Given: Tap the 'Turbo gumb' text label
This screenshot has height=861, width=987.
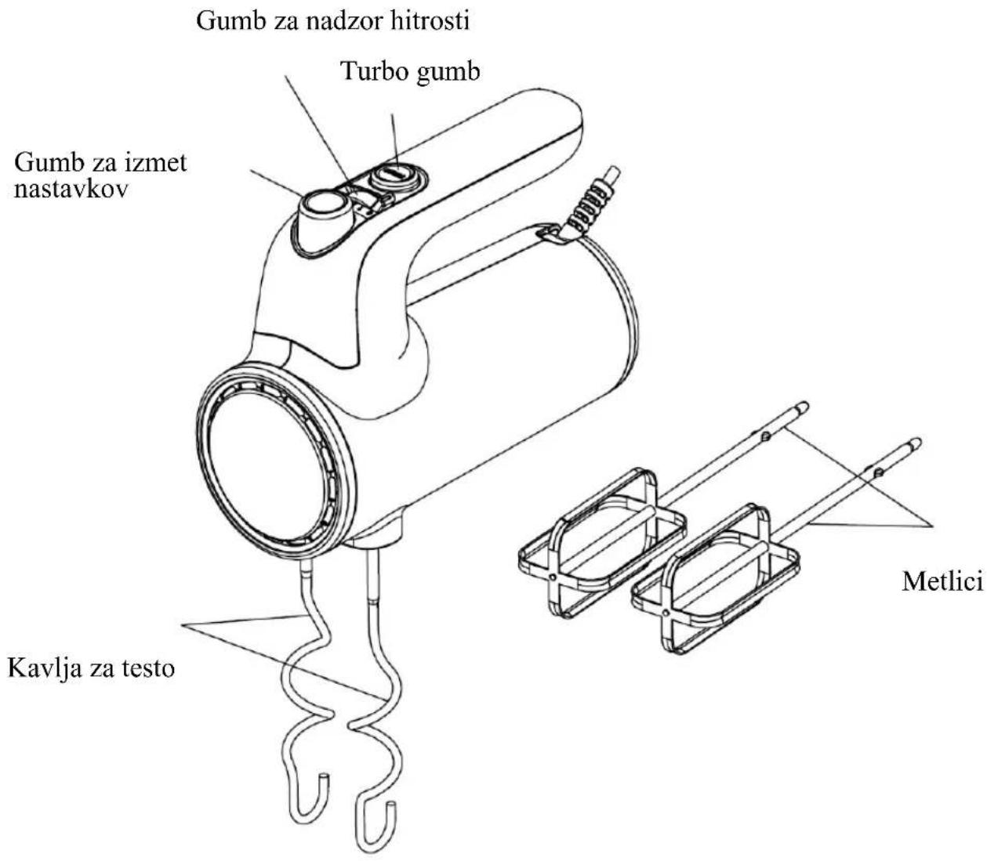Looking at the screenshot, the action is pos(411,72).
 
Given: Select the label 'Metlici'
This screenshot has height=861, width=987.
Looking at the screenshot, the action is pos(942,582).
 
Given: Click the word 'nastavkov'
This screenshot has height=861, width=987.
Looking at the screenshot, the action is pos(71,190).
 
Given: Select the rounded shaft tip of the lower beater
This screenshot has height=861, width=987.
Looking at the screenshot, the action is pos(913,443).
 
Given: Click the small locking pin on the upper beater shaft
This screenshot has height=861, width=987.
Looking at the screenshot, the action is pos(766,436).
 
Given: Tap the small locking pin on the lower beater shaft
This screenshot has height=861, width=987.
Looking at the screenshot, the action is pos(878,472).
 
